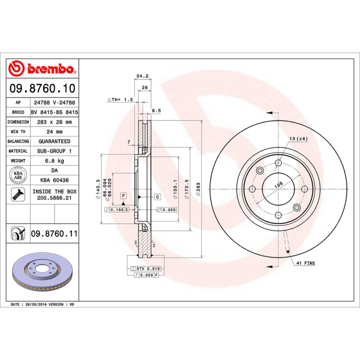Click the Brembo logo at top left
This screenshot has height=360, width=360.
(41, 69)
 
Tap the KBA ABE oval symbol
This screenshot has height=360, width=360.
(18, 175)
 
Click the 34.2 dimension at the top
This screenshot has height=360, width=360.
(142, 76)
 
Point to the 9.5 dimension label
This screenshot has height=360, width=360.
(156, 110)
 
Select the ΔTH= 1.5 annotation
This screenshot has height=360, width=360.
(120, 99)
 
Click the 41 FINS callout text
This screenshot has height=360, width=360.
(305, 262)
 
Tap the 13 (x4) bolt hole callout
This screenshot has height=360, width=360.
(298, 139)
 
